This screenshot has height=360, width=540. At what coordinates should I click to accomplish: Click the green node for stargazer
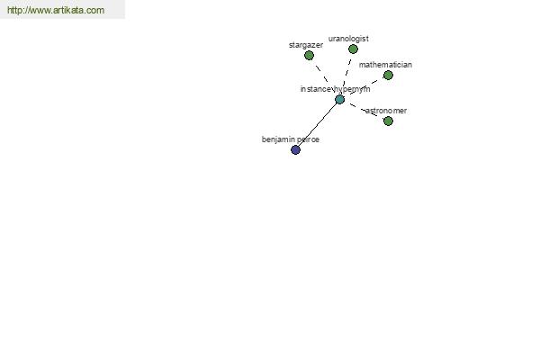(x=309, y=55)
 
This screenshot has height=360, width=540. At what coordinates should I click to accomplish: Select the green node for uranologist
(x=353, y=49)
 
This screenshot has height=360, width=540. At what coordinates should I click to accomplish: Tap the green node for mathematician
(x=388, y=75)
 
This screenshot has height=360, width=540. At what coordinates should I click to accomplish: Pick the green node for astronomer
(x=388, y=121)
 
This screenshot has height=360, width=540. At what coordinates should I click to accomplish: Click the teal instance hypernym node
(x=339, y=100)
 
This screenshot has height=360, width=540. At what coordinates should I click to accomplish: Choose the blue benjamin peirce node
(x=295, y=150)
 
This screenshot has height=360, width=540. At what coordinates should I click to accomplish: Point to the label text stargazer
(x=306, y=45)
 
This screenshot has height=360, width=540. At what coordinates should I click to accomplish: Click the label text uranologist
(x=348, y=39)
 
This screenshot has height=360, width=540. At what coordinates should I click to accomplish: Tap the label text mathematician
(x=385, y=65)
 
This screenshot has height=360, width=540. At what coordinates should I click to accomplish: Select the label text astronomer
(x=386, y=111)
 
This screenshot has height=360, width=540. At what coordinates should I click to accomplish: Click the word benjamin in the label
(x=277, y=139)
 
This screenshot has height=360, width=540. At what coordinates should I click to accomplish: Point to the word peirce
(x=308, y=139)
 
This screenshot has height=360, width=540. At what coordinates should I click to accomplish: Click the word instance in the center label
(x=316, y=89)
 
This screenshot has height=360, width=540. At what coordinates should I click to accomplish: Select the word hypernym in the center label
(x=352, y=90)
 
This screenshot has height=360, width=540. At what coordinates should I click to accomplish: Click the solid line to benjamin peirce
(x=318, y=125)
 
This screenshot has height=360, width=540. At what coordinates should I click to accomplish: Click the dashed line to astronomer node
(x=364, y=110)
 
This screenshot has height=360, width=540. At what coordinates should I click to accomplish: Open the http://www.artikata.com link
(x=56, y=10)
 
